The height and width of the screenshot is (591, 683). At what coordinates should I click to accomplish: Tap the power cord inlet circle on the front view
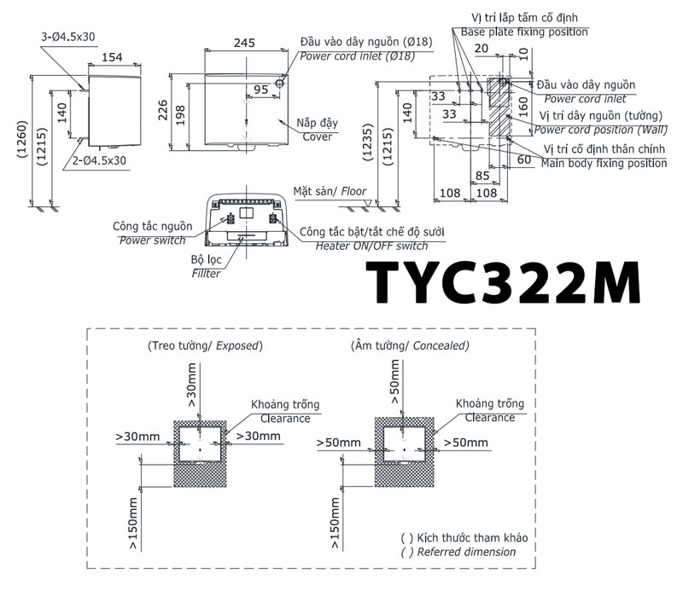point(279,86)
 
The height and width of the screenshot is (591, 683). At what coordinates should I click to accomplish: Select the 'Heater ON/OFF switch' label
point(371,246)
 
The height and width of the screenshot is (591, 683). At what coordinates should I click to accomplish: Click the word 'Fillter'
point(207,273)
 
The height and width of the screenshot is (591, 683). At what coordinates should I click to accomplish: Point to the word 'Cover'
point(317,136)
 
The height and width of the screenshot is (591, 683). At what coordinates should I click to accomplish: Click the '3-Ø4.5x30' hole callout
point(68,37)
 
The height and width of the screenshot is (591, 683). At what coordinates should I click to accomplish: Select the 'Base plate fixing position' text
point(524,32)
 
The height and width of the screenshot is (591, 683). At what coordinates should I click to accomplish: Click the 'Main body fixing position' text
point(604,163)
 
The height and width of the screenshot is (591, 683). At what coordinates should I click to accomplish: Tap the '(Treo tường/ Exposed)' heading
point(205,346)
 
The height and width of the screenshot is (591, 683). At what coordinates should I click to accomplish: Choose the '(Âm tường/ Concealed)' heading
point(410,346)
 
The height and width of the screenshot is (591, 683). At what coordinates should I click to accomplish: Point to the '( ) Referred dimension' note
point(458,552)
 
